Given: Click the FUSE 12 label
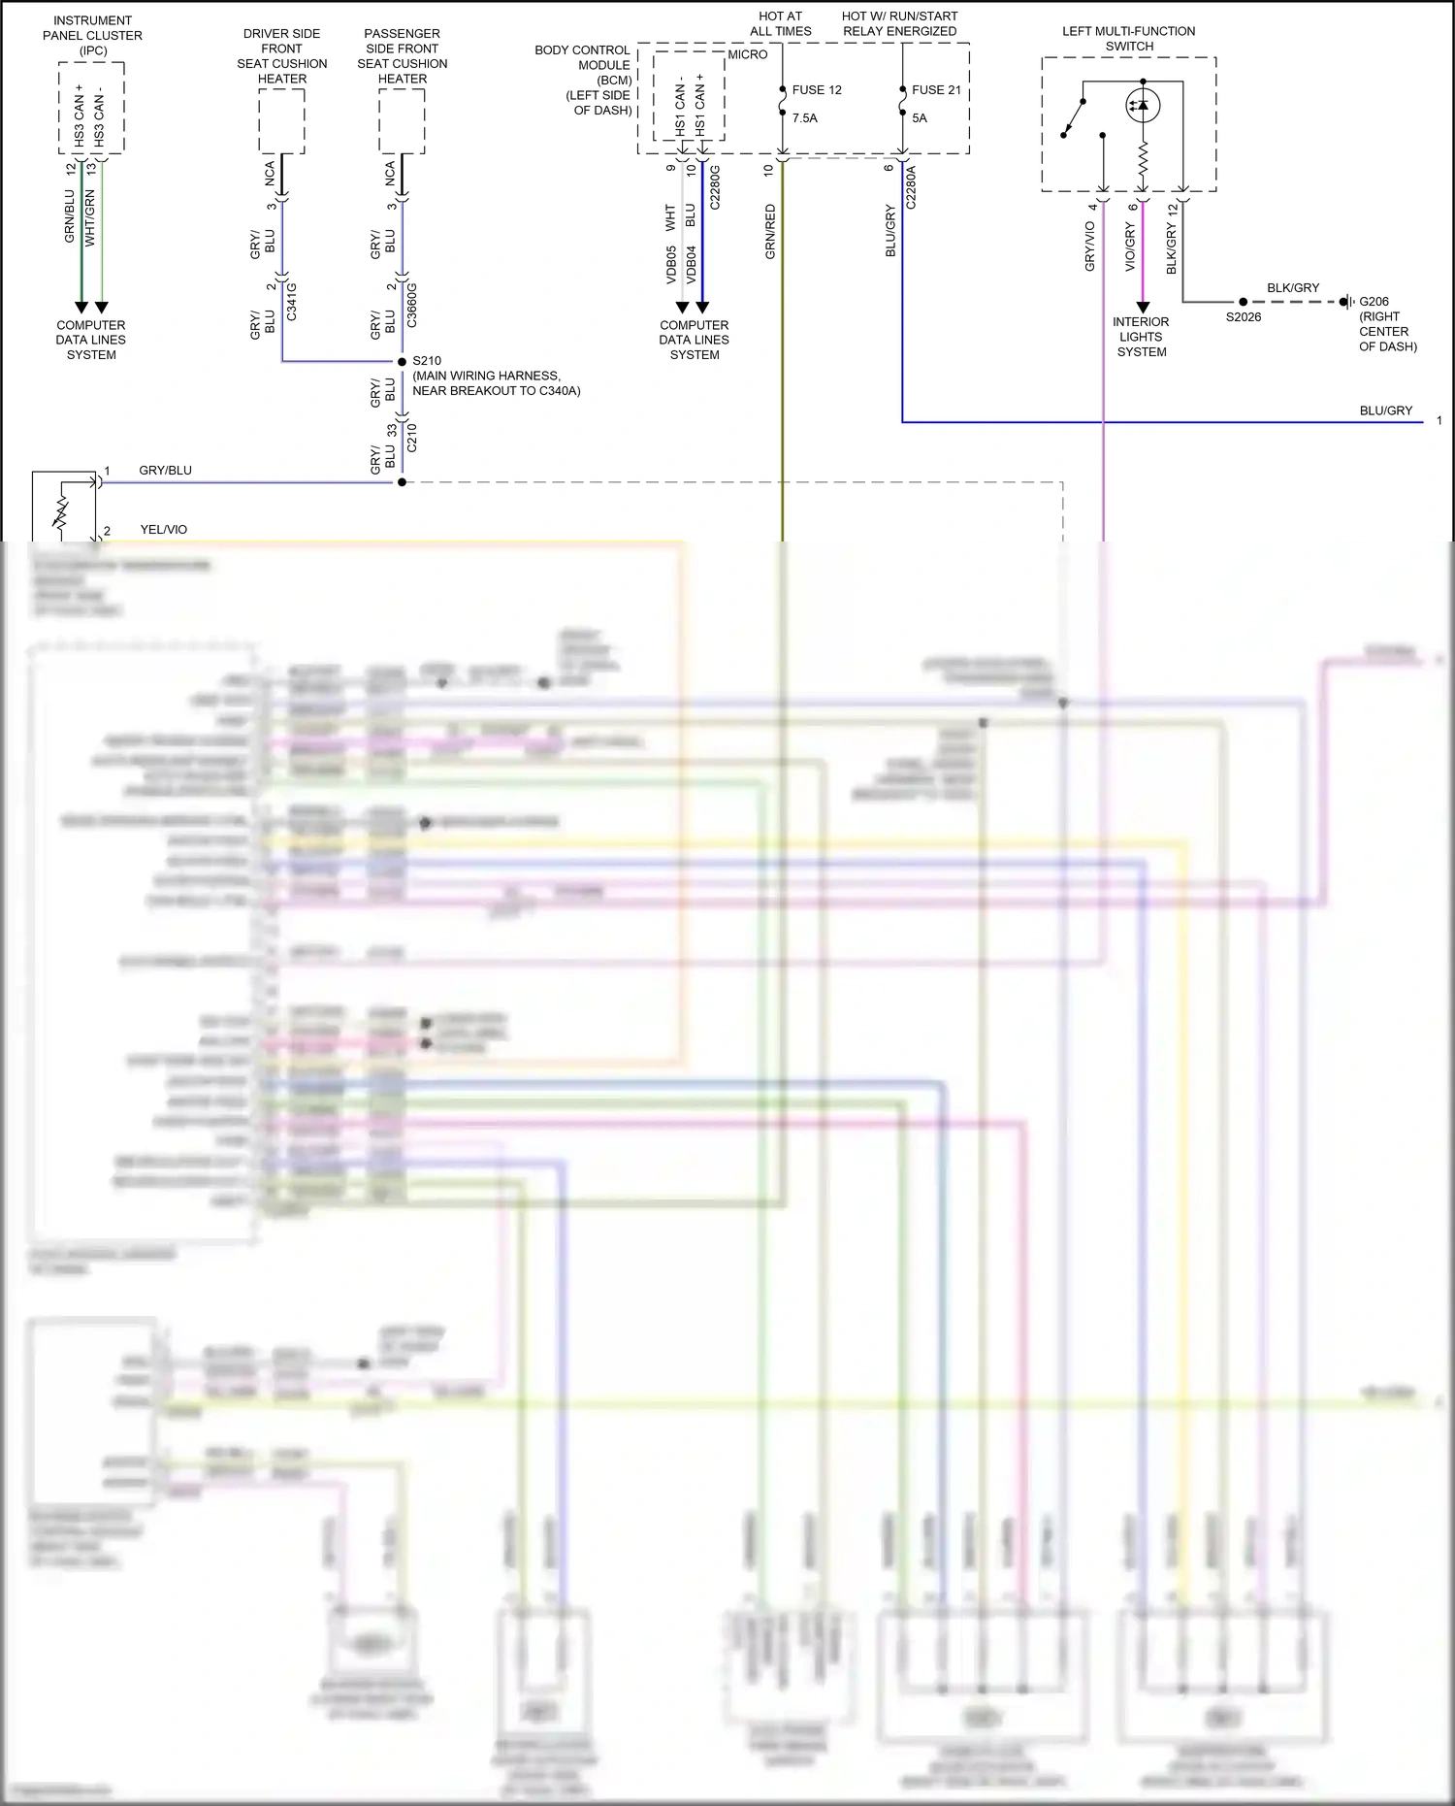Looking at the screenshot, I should click(817, 90).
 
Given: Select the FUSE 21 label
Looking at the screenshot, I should click(936, 90).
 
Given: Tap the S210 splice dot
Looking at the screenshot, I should click(402, 362).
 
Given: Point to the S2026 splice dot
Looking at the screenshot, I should click(1244, 302).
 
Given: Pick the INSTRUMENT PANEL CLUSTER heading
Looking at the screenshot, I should click(92, 35).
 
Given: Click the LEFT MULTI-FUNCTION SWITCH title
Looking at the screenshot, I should click(1129, 39).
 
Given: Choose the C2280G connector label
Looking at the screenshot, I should click(715, 187).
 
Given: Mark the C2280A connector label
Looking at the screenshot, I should click(911, 187).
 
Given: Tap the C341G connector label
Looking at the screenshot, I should click(292, 302).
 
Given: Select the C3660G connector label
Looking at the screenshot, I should click(412, 305).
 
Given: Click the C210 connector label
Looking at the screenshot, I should click(412, 438).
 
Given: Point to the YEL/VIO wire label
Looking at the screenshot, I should click(164, 530).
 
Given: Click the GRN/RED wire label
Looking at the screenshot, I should click(770, 231).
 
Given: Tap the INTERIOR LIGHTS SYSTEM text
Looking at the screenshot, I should click(1142, 337).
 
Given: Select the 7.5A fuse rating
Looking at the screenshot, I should click(805, 118).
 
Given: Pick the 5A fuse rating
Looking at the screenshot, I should click(920, 118).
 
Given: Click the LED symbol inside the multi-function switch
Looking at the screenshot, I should click(1143, 104).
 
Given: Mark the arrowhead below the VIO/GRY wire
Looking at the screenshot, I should click(1143, 308).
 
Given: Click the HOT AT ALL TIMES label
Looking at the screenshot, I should click(781, 23).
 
